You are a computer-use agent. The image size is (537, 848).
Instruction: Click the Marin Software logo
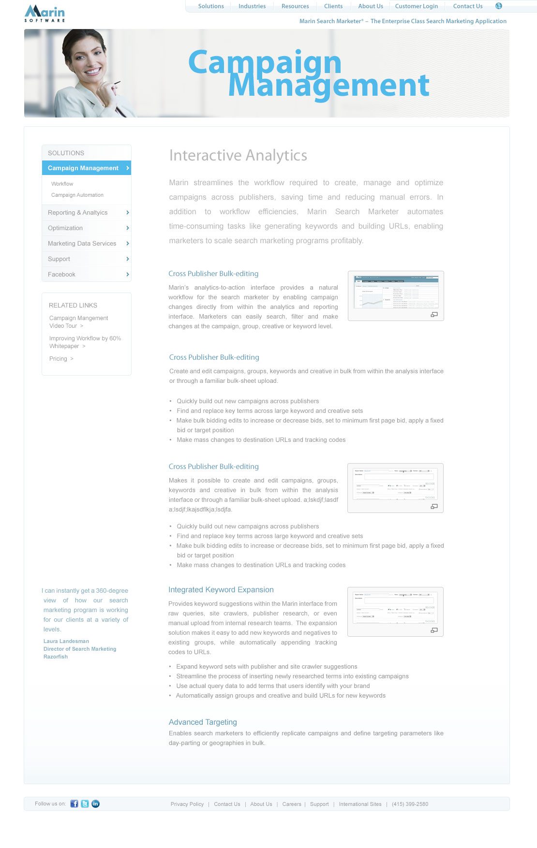coord(45,13)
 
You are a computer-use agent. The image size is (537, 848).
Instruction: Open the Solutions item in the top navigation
coord(211,6)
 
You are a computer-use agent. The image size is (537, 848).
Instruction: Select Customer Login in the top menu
coord(416,6)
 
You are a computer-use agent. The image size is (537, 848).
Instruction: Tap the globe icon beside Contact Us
coord(499,6)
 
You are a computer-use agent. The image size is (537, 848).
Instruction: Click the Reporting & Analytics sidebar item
coord(78,213)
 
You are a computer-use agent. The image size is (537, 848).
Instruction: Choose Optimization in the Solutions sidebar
coord(65,228)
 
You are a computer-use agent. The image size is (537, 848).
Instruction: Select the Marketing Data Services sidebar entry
coord(82,244)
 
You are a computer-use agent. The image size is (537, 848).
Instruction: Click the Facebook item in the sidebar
coord(61,275)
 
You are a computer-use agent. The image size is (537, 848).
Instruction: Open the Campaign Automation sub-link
coord(77,195)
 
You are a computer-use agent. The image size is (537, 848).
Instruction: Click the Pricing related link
coord(59,359)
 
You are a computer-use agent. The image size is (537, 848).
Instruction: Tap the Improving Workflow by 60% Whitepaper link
coord(85,342)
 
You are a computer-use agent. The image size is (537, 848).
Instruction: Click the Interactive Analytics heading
coord(238,156)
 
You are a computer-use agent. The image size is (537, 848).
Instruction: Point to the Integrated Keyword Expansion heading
coord(221,590)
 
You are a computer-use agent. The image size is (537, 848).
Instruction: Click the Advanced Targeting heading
coord(203,722)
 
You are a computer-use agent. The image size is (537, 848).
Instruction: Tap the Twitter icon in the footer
coord(85,804)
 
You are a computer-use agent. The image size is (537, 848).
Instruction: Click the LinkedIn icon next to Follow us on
coord(96,804)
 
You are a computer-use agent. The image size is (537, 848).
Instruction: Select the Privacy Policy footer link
coord(187,804)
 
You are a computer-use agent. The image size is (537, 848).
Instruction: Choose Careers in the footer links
coord(292,804)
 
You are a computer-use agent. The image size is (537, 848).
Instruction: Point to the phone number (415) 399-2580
coord(410,804)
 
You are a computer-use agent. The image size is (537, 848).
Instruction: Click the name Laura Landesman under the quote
coord(66,642)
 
